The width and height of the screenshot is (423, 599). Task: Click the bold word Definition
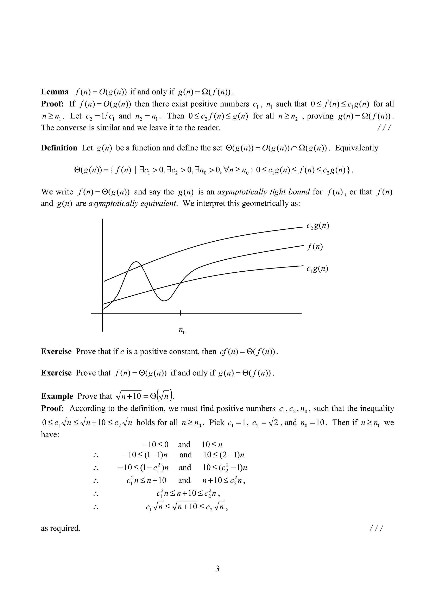59,148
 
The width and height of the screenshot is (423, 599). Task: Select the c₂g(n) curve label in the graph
318,226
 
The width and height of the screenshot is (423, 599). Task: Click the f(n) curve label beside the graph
315,247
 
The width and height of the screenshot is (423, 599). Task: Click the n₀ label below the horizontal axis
182,331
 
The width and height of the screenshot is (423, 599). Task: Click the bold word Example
57,396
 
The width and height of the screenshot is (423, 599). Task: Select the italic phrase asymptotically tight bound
263,192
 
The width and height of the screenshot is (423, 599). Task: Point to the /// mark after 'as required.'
376,528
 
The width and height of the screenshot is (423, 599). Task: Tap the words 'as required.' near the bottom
61,528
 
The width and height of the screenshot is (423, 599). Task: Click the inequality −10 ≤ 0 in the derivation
155,445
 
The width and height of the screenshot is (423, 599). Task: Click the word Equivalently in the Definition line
356,148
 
